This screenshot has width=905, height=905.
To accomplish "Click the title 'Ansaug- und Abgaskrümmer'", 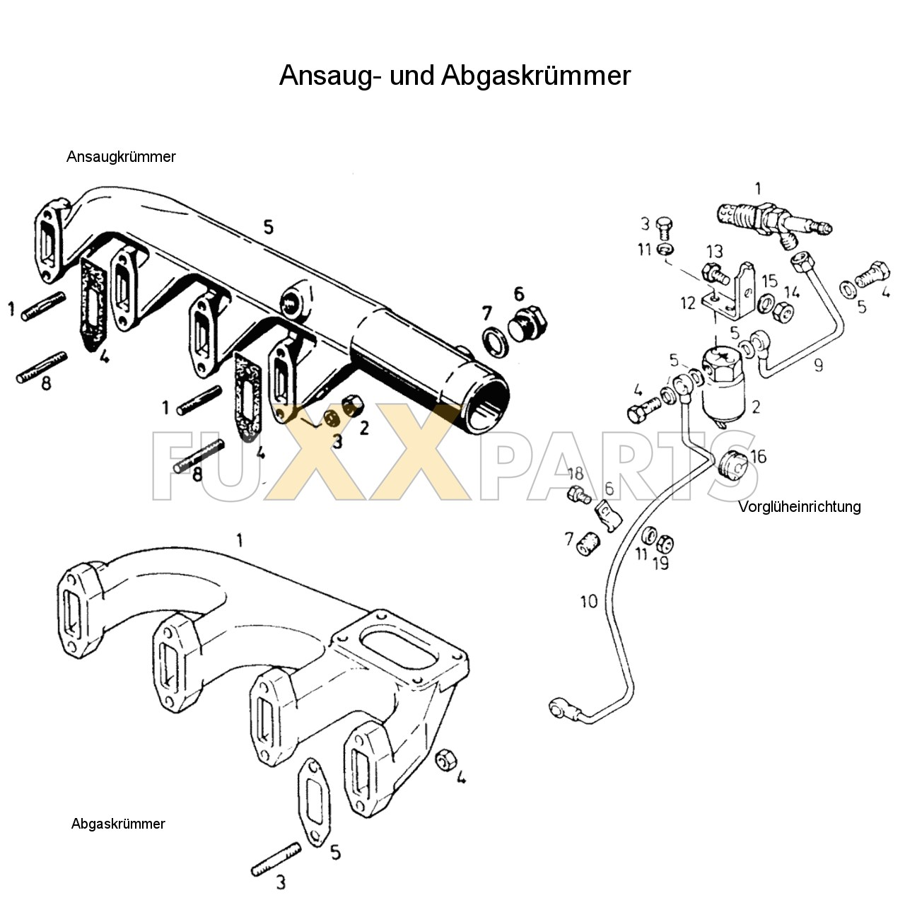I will point(454,76).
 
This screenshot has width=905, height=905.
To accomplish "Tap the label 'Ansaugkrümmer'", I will point(121,157).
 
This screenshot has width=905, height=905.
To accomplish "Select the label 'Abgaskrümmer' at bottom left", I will point(118,824).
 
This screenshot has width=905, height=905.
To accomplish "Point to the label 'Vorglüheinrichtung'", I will point(800,506).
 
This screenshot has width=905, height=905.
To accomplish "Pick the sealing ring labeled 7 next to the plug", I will point(496,341).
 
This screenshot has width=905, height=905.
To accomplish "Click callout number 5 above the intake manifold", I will point(268,227).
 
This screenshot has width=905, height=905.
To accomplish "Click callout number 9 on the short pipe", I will point(818,366).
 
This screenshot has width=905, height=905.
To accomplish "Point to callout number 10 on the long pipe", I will point(589,602).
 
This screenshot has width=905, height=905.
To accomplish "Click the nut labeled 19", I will point(665,544).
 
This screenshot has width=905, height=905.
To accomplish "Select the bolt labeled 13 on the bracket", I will point(711,271).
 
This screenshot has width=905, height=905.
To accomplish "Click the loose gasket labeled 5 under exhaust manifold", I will point(311,802).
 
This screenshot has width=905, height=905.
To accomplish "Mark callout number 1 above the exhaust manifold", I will point(240,541).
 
